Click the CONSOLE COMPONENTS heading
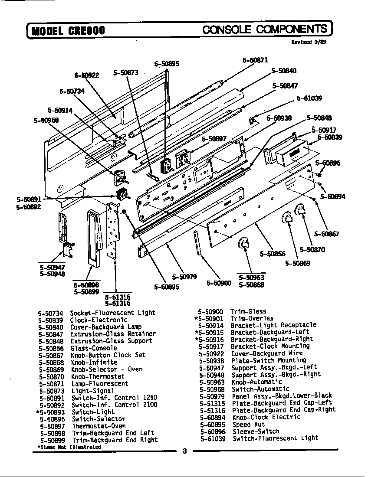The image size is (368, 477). [265, 29]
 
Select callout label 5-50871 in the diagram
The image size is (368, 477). [255, 60]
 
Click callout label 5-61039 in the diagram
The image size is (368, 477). [309, 98]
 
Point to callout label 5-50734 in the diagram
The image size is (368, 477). [72, 91]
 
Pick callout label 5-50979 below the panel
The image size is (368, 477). [184, 277]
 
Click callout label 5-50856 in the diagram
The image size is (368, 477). [273, 254]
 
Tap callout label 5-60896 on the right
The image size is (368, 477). [328, 163]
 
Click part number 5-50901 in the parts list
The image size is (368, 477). [209, 318]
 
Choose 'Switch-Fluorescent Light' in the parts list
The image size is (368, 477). [275, 438]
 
